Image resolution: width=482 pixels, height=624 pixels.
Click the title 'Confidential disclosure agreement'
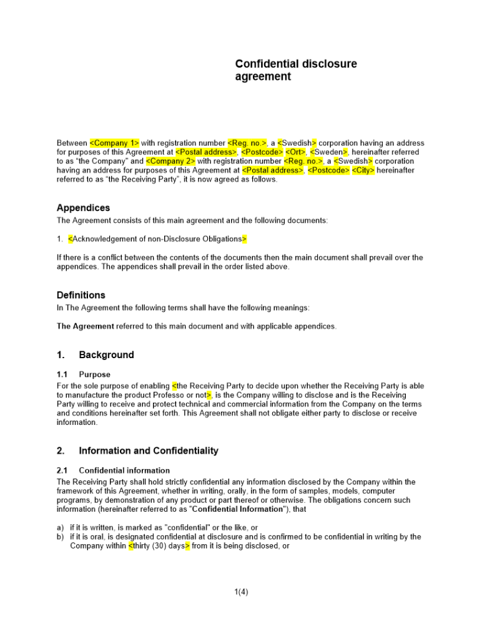[x=296, y=71]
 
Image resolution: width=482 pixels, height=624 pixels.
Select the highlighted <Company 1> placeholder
[x=115, y=143]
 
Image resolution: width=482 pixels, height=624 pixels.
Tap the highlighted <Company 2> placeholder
[x=170, y=160]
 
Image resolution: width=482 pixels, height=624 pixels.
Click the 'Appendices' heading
[x=83, y=208]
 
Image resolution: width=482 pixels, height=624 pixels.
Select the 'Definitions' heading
[x=81, y=295]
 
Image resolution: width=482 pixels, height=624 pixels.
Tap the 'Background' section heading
[x=106, y=355]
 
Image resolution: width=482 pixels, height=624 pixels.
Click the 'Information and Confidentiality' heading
[x=149, y=451]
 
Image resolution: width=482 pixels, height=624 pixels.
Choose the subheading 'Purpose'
[x=94, y=374]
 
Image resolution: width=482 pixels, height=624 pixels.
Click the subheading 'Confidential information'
[x=124, y=470]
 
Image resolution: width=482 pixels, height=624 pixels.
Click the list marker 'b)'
[x=61, y=537]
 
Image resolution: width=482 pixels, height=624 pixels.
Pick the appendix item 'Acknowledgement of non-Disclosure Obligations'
[x=157, y=239]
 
